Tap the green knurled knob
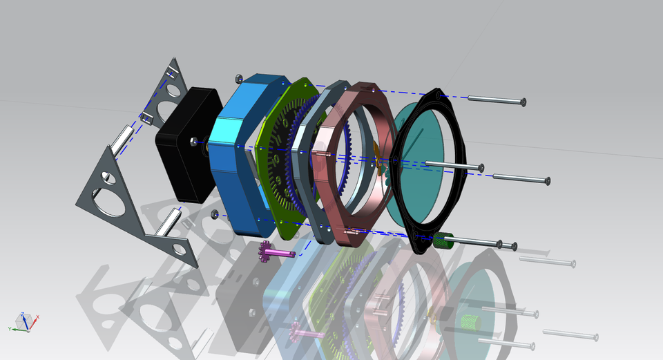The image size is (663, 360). pyautogui.click(x=441, y=241)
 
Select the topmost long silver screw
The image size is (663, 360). pyautogui.click(x=494, y=100)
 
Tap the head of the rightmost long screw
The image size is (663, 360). pyautogui.click(x=547, y=181)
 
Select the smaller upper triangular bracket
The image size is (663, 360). pyautogui.click(x=166, y=97)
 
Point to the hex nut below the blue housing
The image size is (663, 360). pyautogui.click(x=215, y=214)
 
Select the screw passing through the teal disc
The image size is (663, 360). pyautogui.click(x=452, y=166)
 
